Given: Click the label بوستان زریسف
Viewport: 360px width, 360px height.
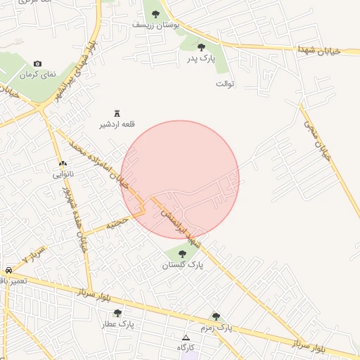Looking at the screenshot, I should [x=155, y=25].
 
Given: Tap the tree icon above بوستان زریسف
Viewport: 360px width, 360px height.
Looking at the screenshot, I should [x=155, y=13].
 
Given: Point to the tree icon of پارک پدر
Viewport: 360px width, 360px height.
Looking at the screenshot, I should [x=201, y=47].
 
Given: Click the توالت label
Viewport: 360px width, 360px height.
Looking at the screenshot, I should [x=224, y=84].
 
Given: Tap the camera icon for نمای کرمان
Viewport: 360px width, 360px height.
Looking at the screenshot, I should [x=37, y=64].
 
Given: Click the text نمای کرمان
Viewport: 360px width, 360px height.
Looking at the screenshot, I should [x=37, y=75].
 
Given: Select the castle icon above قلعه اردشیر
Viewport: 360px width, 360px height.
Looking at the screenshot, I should [x=117, y=113].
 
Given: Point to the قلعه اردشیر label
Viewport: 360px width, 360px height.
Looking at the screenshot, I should [x=117, y=124].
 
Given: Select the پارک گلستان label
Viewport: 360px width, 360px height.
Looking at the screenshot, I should [x=182, y=265].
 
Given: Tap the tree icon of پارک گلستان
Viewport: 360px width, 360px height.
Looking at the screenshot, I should [x=183, y=254].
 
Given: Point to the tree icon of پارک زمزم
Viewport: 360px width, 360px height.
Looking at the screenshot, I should [x=216, y=316].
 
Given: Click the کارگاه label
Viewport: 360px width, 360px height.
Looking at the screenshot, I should [x=186, y=348].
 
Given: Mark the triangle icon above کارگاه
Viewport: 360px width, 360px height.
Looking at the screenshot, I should [x=186, y=337].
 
